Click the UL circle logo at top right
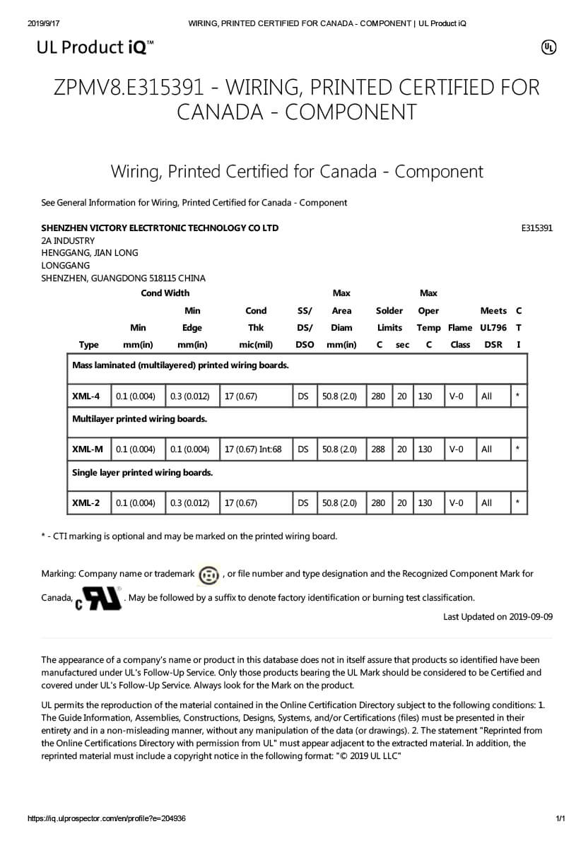point(548,47)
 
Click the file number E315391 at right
point(536,228)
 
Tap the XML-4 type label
point(86,396)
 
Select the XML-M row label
point(87,449)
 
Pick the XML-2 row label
point(86,503)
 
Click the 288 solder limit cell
point(378,449)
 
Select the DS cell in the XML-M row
point(302,449)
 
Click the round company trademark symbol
point(208,575)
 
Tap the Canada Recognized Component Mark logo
point(99,599)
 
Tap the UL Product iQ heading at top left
point(95,47)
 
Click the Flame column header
point(460,328)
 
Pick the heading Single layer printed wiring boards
point(142,472)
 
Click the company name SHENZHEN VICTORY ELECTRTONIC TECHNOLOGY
point(160,228)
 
